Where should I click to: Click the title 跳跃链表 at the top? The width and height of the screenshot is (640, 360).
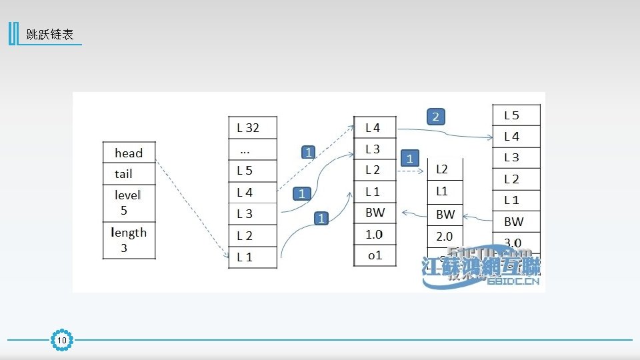pyautogui.click(x=50, y=35)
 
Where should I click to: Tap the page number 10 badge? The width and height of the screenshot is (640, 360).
pyautogui.click(x=62, y=341)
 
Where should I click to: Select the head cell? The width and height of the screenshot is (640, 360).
pyautogui.click(x=129, y=153)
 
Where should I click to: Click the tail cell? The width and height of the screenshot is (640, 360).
pyautogui.click(x=129, y=174)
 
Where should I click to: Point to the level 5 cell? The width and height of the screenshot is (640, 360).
pyautogui.click(x=129, y=203)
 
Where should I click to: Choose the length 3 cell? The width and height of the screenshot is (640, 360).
pyautogui.click(x=129, y=240)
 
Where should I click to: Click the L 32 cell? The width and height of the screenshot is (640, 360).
pyautogui.click(x=253, y=128)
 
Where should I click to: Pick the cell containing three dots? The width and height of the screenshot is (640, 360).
pyautogui.click(x=253, y=149)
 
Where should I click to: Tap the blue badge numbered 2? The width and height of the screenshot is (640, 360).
pyautogui.click(x=435, y=117)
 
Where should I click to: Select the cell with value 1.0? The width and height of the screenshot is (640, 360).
pyautogui.click(x=375, y=234)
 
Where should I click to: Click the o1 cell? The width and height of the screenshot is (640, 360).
pyautogui.click(x=375, y=255)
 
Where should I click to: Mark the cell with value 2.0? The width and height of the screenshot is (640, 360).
pyautogui.click(x=445, y=236)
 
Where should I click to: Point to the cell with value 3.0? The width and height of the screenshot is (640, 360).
pyautogui.click(x=513, y=243)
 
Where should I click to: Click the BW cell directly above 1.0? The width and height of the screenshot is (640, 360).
pyautogui.click(x=375, y=213)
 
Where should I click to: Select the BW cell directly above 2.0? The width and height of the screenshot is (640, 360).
pyautogui.click(x=445, y=215)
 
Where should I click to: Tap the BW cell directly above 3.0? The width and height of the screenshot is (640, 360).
pyautogui.click(x=513, y=221)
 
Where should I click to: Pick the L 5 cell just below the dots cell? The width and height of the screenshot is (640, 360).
pyautogui.click(x=253, y=171)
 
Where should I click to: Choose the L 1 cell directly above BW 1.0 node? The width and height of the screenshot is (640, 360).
pyautogui.click(x=375, y=192)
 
